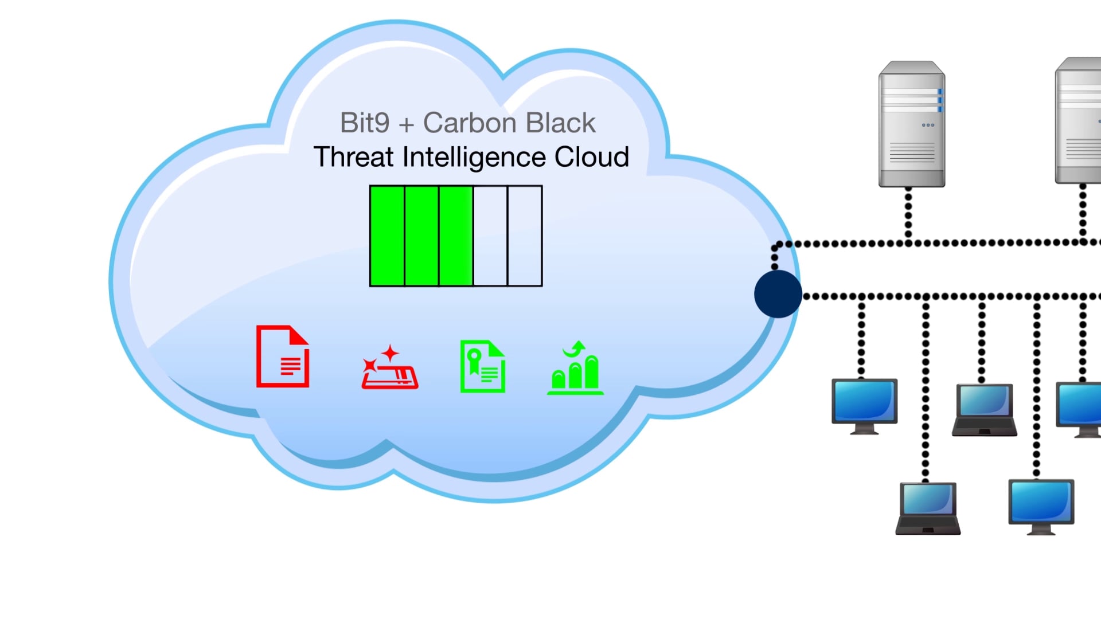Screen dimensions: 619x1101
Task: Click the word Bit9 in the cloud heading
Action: (x=365, y=123)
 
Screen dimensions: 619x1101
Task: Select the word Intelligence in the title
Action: (x=474, y=157)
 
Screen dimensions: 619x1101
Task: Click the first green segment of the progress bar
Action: (x=388, y=236)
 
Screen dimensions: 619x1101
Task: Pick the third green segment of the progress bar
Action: (x=456, y=236)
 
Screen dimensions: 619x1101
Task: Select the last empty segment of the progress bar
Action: (x=525, y=236)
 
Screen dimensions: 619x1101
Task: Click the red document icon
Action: (x=283, y=356)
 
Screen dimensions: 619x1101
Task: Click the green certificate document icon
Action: (x=483, y=367)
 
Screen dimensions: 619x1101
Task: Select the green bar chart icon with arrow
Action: (x=575, y=368)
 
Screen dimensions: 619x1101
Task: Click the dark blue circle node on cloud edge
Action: (x=778, y=294)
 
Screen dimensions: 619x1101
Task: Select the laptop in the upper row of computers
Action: (x=984, y=409)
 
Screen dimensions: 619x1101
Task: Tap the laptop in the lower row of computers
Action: (x=928, y=508)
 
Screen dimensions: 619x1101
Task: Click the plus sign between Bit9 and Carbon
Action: (x=407, y=125)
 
